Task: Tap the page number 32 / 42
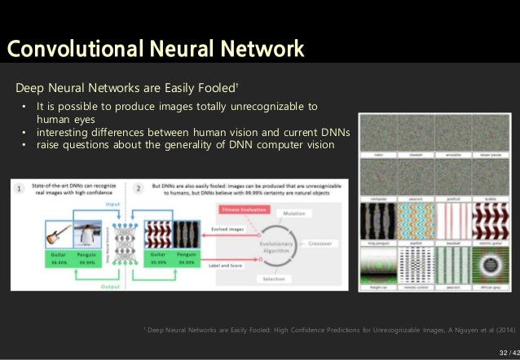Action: pyautogui.click(x=507, y=352)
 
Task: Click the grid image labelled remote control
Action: pyautogui.click(x=415, y=264)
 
